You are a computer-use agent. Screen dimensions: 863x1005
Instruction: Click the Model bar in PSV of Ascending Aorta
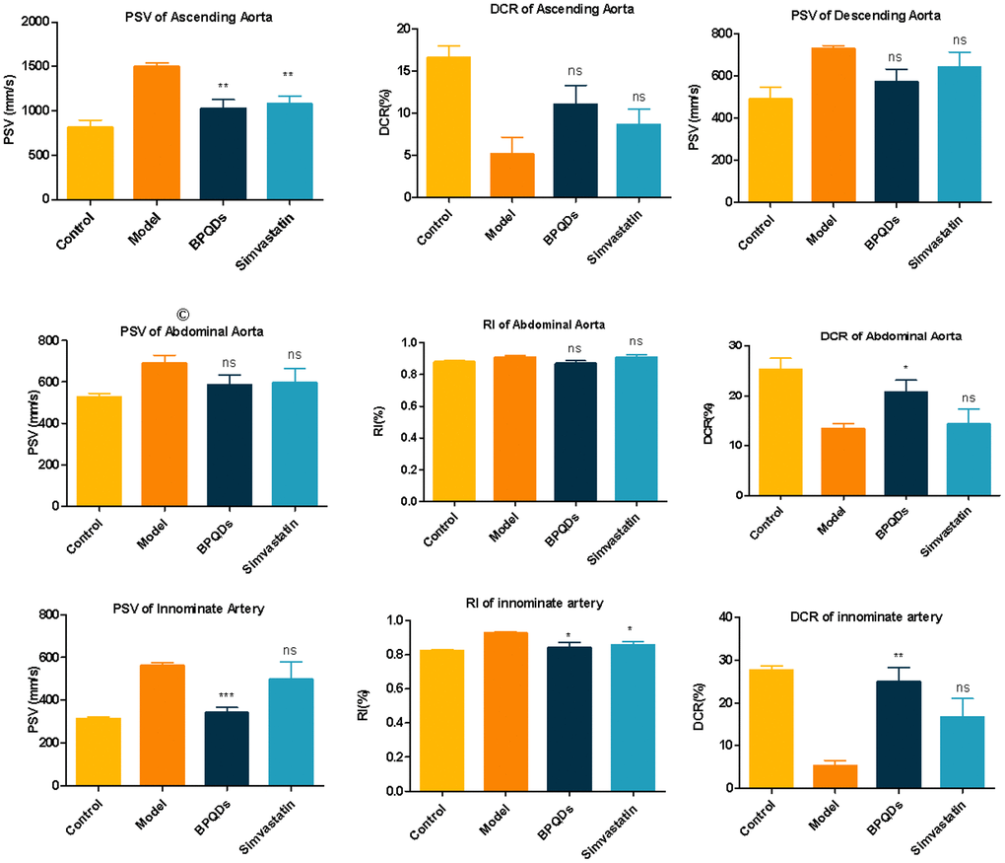(157, 132)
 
